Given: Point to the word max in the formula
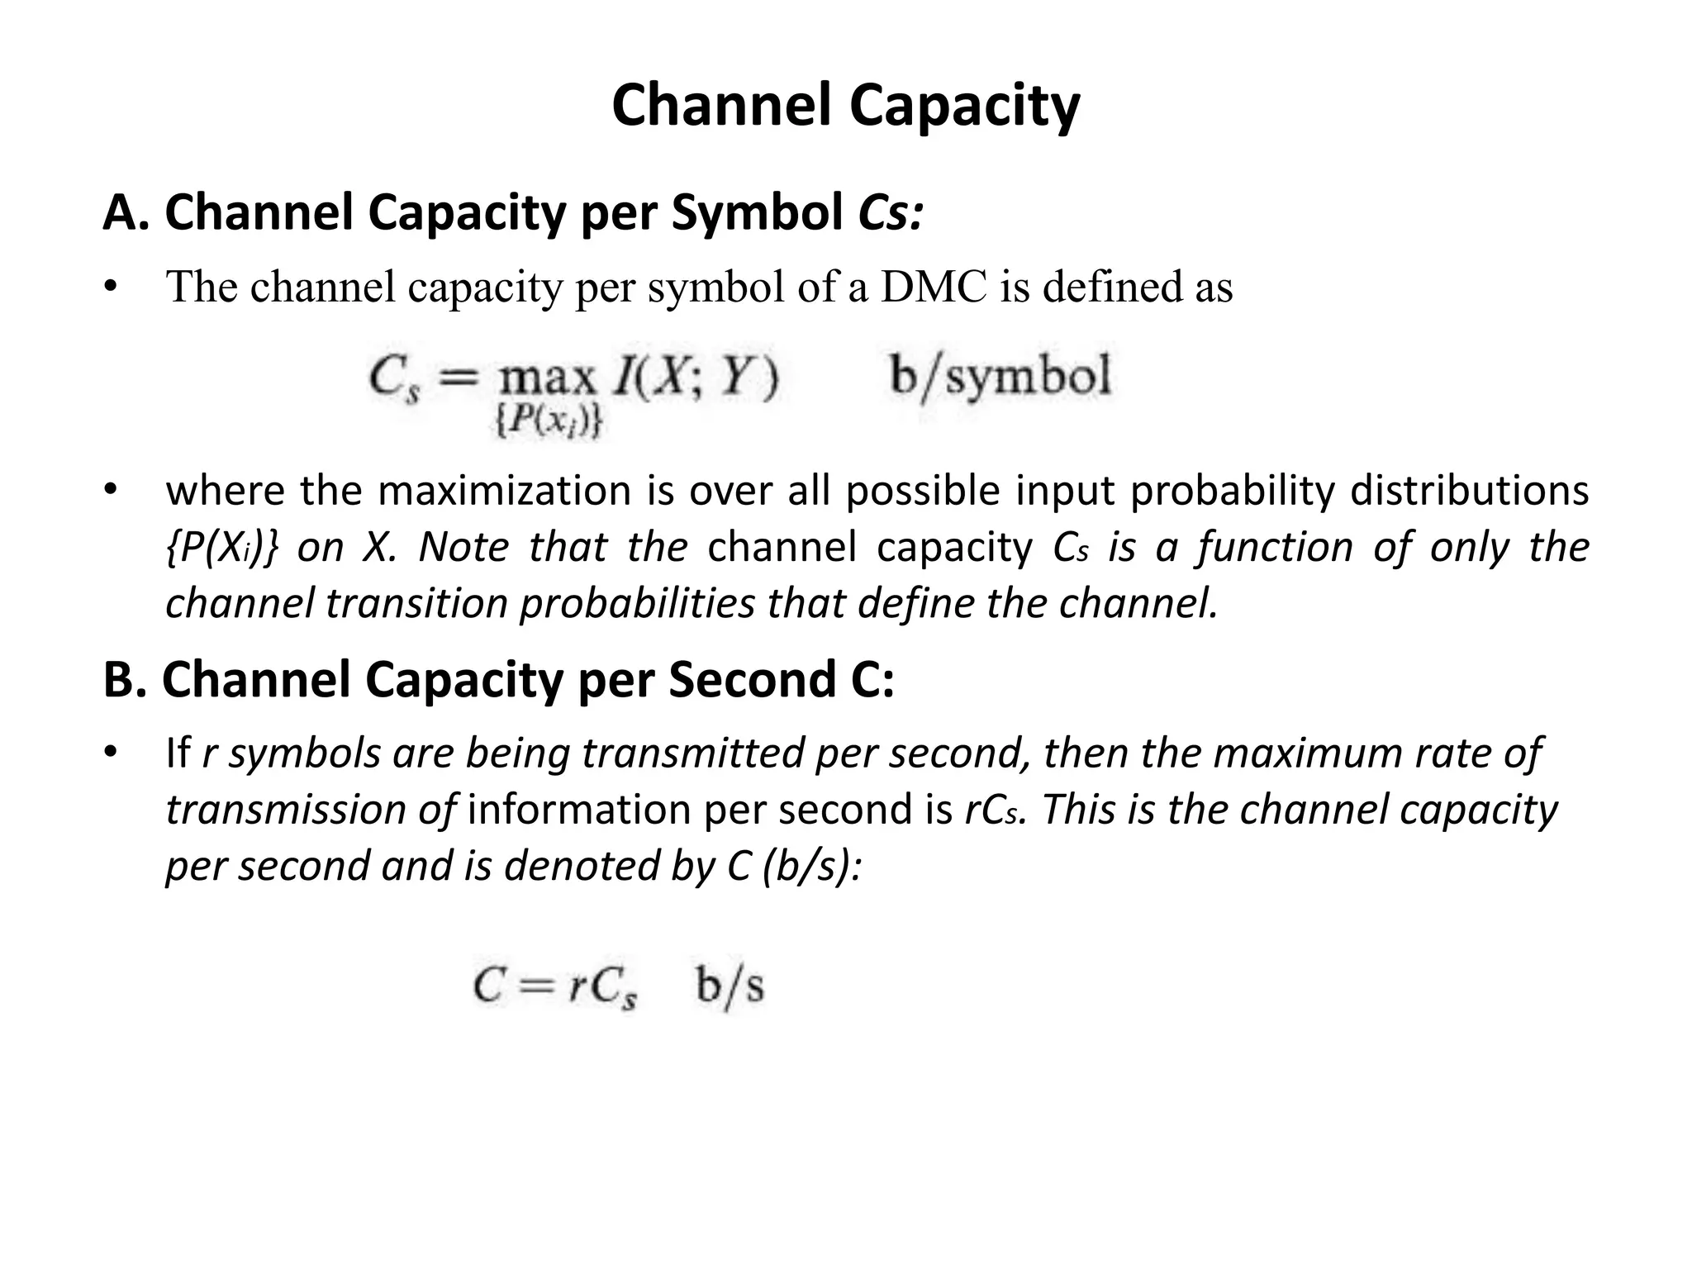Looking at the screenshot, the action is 548,379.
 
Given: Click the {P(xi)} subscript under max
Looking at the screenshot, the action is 548,422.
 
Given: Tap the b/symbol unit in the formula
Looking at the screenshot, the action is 1000,377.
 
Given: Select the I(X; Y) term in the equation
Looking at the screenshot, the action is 695,379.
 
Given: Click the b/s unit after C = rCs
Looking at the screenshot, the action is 730,986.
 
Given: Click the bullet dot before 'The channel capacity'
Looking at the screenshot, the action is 111,288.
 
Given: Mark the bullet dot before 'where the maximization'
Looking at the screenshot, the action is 111,491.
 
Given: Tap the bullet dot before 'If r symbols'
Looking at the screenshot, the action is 111,753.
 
